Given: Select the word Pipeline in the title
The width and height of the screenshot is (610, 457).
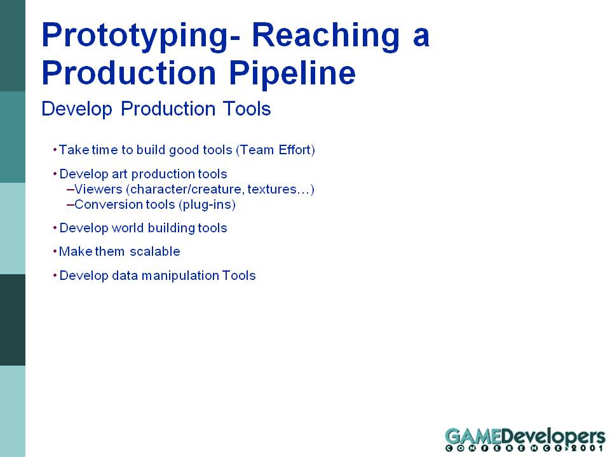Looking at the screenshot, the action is pos(292,74).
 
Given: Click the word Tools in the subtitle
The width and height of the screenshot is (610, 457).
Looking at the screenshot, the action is pos(247,109).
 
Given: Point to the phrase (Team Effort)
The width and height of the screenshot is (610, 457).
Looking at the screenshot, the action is pos(275,150).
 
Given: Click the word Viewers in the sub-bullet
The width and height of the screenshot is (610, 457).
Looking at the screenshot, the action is pos(98,189).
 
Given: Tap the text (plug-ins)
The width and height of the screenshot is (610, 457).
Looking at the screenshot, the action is pos(207,205).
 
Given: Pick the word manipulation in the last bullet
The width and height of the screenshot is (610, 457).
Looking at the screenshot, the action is pos(180,275).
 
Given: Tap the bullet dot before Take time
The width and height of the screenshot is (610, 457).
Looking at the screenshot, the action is pos(55,150).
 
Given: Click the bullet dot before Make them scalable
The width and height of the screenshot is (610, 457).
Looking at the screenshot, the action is pos(55,251).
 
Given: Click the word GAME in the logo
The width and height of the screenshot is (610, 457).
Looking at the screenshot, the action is pos(473,436).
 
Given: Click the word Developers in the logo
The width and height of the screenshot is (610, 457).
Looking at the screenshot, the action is pos(553,437).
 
